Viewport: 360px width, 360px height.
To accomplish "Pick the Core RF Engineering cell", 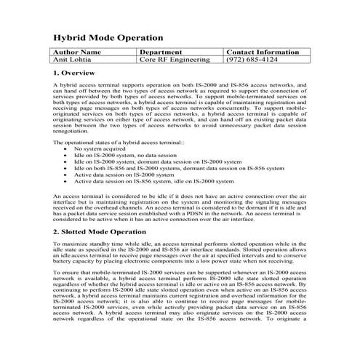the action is tap(174, 61).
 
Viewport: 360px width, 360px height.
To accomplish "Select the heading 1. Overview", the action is tap(74, 74).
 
